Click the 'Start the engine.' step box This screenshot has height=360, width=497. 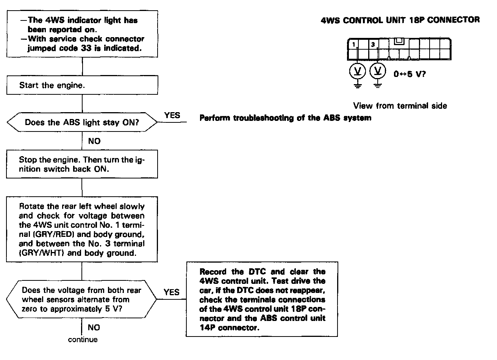(x=82, y=86)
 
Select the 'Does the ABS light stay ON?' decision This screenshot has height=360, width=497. (x=82, y=123)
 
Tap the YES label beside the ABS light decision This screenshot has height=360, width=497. (x=172, y=115)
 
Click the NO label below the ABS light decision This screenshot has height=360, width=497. (x=94, y=141)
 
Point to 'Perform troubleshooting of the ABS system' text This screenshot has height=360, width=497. (x=285, y=118)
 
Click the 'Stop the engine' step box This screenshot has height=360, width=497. (x=82, y=164)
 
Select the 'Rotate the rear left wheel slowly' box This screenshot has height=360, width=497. (x=82, y=230)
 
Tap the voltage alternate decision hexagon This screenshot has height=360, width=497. (x=82, y=300)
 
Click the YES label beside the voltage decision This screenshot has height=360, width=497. (x=172, y=292)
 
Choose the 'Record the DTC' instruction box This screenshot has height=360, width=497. (x=262, y=299)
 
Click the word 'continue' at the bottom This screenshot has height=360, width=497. (x=83, y=340)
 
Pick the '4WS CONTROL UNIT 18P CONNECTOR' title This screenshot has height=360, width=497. (x=400, y=20)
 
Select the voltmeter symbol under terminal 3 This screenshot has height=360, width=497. (x=377, y=71)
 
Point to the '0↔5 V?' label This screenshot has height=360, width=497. (x=409, y=74)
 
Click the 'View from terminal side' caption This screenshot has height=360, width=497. (x=400, y=106)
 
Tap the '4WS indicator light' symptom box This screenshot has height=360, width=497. (x=82, y=34)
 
